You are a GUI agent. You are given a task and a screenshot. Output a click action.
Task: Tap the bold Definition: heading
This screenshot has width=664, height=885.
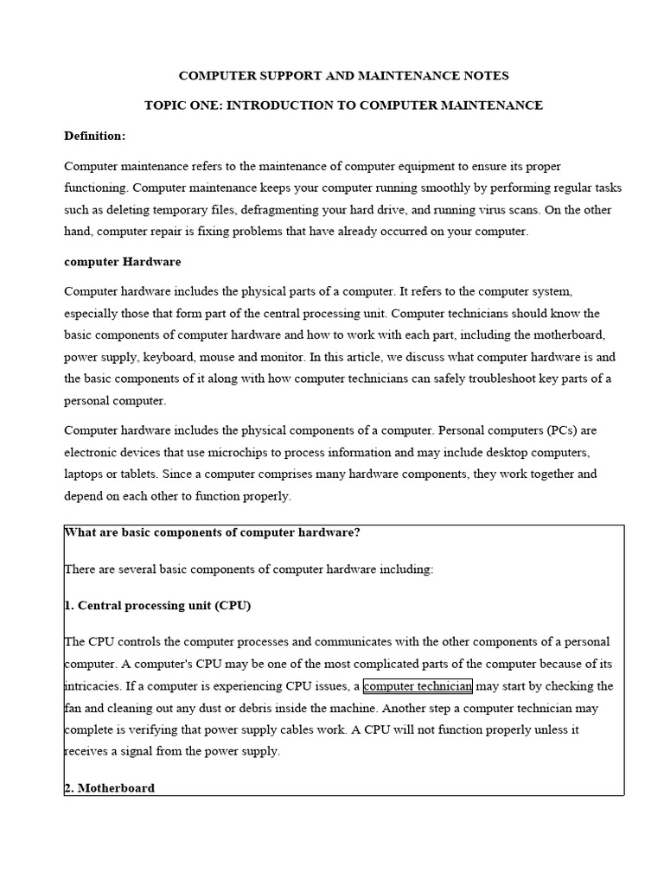(94, 136)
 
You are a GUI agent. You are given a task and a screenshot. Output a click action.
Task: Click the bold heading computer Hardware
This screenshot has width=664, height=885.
(122, 261)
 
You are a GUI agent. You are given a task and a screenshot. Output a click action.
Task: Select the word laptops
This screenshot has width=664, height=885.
(86, 474)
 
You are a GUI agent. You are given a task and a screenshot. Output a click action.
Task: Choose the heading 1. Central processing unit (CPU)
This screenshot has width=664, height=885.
(157, 606)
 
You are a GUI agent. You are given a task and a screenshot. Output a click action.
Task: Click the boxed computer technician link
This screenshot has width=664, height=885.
(418, 686)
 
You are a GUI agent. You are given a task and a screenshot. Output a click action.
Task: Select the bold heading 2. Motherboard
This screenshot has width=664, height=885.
(110, 788)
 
